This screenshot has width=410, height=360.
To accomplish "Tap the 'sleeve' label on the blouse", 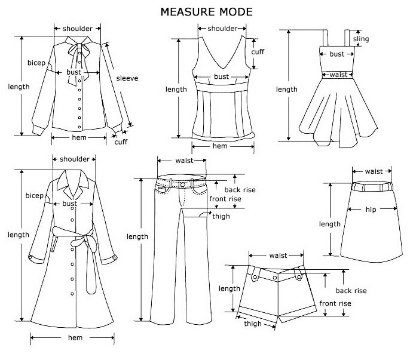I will click(127, 78).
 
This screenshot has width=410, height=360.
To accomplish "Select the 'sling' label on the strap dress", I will click(361, 39).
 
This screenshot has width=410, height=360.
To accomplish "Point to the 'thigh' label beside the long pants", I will click(221, 216).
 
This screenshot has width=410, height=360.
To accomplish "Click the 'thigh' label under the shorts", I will click(252, 324).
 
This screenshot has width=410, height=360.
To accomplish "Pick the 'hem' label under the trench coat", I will click(75, 338).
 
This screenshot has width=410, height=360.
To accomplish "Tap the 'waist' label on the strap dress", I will click(338, 75).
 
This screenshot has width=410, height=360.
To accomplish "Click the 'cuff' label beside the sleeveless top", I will click(258, 52).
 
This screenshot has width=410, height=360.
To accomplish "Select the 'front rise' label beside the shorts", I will click(335, 303).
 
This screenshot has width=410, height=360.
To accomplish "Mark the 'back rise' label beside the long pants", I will click(241, 190).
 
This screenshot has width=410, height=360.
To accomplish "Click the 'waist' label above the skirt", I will click(373, 171).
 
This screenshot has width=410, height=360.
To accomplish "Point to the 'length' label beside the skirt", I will click(330, 224).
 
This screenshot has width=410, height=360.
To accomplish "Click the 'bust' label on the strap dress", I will click(337, 54).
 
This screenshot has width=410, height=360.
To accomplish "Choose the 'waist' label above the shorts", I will click(278, 256).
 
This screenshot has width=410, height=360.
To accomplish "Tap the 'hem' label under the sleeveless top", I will click(220, 146).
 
